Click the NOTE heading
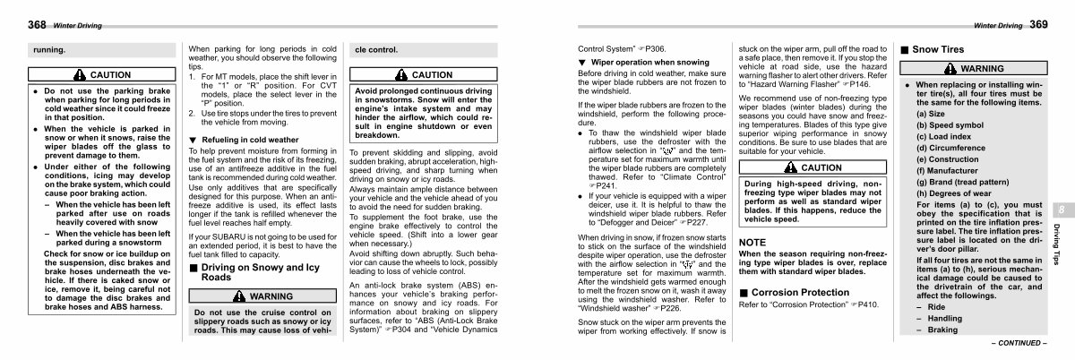pos(752,242)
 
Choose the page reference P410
pos(865,305)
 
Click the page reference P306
pos(654,47)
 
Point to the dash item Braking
pos(942,330)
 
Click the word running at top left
pos(49,50)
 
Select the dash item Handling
pos(944,318)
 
